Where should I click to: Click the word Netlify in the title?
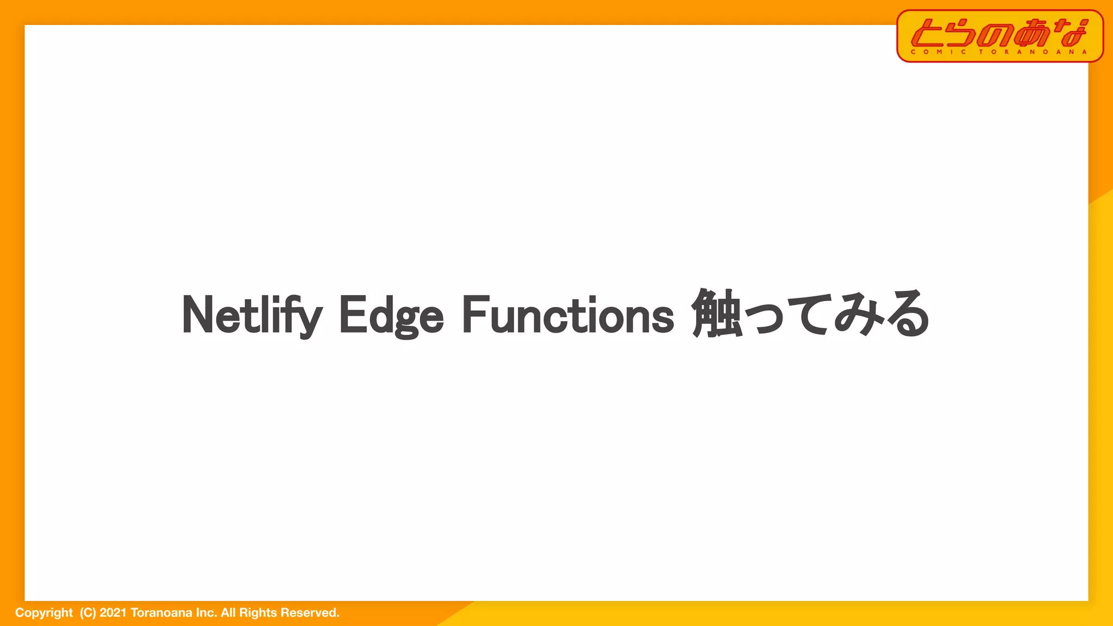click(x=252, y=315)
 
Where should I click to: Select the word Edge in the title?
click(x=391, y=315)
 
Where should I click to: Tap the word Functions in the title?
click(x=568, y=315)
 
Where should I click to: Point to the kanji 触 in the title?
click(x=717, y=314)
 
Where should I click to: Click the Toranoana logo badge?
click(x=999, y=36)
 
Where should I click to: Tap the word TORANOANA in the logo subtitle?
click(x=1033, y=52)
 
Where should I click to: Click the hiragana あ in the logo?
click(x=1031, y=33)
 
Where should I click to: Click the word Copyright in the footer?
click(x=44, y=613)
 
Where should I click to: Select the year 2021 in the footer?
click(x=112, y=613)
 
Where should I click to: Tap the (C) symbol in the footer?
click(x=87, y=613)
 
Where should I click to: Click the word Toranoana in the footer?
click(x=161, y=613)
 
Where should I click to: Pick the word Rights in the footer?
click(x=258, y=613)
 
